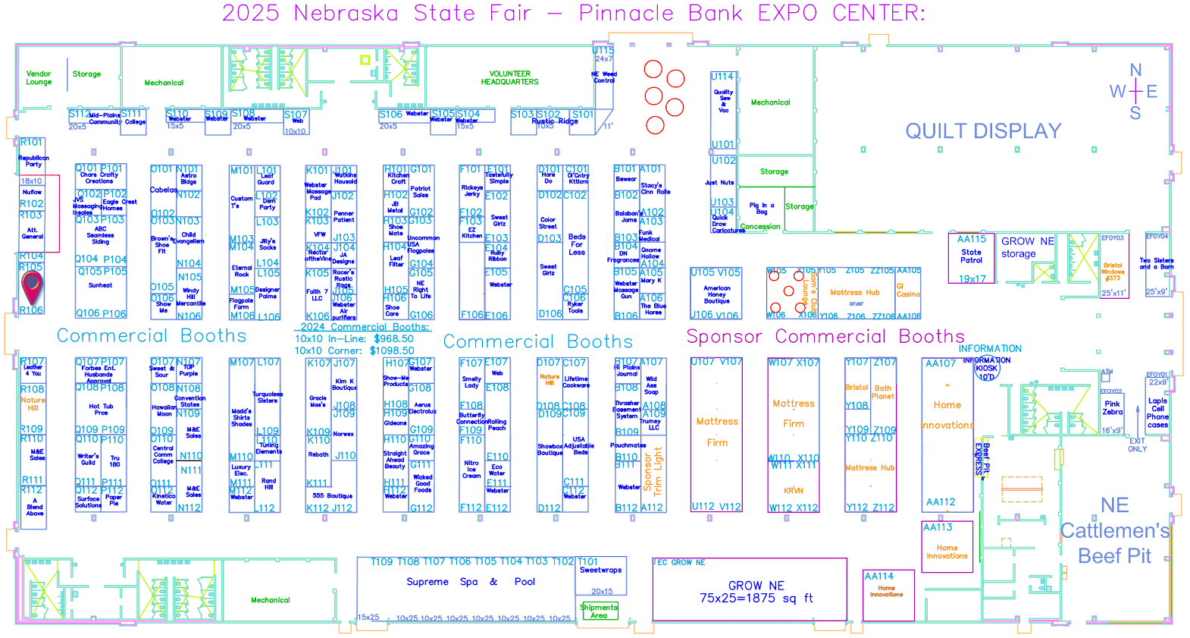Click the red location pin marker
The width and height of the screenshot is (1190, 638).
click(32, 287)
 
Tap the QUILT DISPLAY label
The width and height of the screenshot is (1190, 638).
click(983, 131)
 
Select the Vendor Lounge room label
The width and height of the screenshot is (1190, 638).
click(39, 78)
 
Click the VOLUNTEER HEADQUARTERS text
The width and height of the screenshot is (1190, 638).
click(509, 78)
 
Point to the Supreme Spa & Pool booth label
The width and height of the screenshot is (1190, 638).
click(470, 582)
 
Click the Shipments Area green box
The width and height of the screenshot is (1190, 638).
click(599, 611)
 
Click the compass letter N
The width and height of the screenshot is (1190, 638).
click(1135, 71)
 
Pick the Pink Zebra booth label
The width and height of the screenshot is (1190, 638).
click(1112, 408)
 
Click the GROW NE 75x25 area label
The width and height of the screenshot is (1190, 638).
click(756, 592)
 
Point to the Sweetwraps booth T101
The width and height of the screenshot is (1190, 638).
click(600, 570)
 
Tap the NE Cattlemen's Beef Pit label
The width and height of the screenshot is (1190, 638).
click(1115, 531)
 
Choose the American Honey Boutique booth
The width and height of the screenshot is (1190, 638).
click(716, 294)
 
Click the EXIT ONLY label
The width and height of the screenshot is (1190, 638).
click(1137, 445)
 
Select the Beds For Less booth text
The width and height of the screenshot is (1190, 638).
click(577, 244)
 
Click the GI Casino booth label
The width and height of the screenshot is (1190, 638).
click(908, 291)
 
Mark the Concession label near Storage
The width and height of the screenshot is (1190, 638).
click(760, 226)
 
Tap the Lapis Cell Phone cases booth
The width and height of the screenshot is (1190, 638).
click(1157, 413)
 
